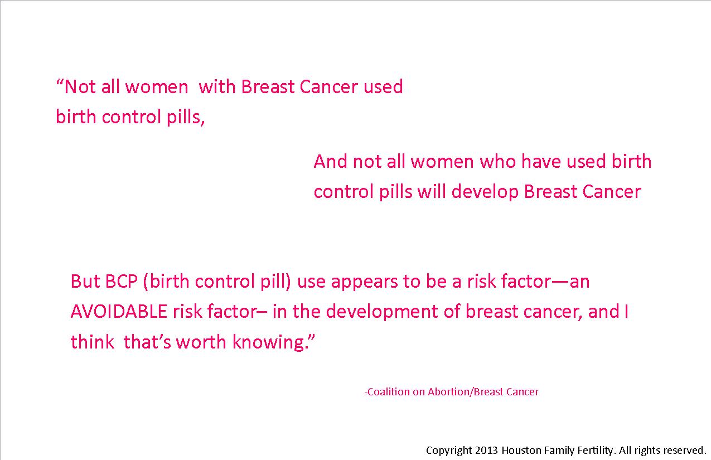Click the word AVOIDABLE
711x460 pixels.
pos(119,312)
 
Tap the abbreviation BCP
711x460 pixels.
pos(121,281)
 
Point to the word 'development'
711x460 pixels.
pos(382,312)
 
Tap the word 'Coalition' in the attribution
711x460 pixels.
pos(389,392)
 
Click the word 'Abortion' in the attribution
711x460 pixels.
pos(449,392)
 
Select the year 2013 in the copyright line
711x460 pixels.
pos(487,450)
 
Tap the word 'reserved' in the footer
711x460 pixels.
pos(683,450)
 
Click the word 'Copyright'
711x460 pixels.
pos(449,451)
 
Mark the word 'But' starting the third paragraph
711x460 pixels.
pos(85,281)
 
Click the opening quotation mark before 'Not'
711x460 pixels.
pos(60,83)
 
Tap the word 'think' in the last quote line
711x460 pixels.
pos(92,342)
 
